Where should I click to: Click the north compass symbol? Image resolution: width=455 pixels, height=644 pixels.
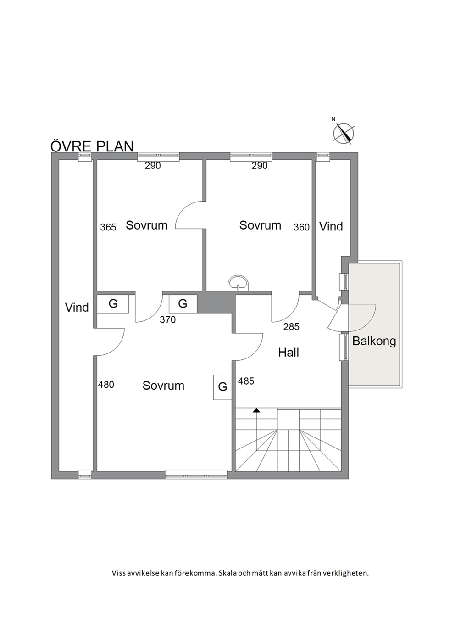343,133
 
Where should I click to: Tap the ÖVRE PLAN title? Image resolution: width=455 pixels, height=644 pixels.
92,146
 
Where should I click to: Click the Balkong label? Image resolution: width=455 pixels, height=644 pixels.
374,341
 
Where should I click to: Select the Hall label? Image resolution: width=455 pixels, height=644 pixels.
289,353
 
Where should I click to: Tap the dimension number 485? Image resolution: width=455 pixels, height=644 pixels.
246,381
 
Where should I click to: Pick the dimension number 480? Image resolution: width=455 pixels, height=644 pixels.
106,384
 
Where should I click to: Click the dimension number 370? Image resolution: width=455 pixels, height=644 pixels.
168,319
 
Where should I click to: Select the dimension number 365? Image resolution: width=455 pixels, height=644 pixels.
108,227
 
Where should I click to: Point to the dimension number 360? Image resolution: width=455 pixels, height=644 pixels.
301,227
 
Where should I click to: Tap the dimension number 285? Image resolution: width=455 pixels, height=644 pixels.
291,327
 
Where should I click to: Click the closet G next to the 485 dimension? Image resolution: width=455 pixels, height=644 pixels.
222,387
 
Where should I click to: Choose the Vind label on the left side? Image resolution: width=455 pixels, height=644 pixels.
77,308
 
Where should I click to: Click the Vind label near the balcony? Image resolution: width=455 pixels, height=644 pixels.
331,226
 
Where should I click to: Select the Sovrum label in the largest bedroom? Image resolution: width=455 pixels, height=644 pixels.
163,386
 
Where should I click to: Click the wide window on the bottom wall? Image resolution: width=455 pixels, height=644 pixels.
196,474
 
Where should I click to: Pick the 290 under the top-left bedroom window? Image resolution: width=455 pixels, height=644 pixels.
153,166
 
